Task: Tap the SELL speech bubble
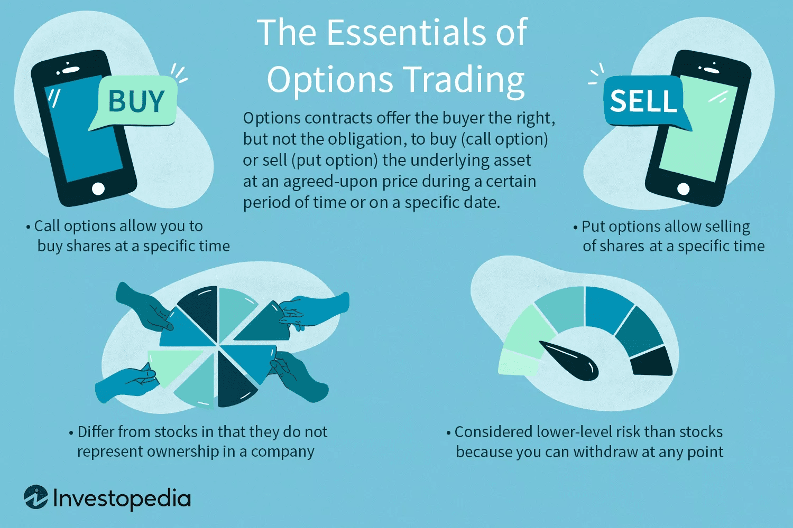(643, 100)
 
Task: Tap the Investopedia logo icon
(36, 497)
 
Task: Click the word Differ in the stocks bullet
(96, 432)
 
